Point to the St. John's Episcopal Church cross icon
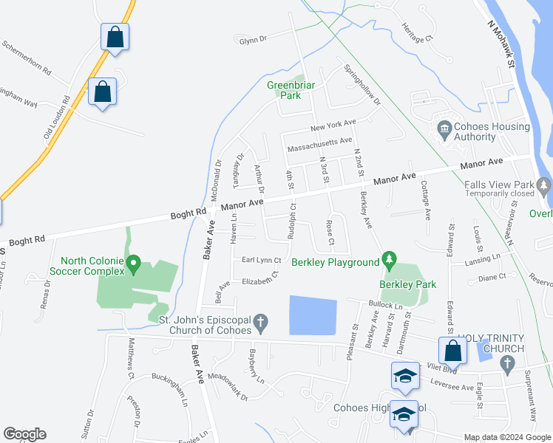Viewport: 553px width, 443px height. pyautogui.click(x=259, y=322)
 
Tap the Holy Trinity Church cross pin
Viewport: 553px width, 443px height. pyautogui.click(x=506, y=363)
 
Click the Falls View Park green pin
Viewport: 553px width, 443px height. pyautogui.click(x=546, y=184)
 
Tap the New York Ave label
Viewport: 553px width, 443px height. pyautogui.click(x=333, y=126)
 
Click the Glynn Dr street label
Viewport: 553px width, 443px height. pyautogui.click(x=252, y=41)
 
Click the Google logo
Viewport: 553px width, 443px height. pyautogui.click(x=24, y=434)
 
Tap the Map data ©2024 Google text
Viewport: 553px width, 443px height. pyautogui.click(x=507, y=437)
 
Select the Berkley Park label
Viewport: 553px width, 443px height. pyautogui.click(x=407, y=284)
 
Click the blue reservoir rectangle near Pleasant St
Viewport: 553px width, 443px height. pyautogui.click(x=312, y=315)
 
